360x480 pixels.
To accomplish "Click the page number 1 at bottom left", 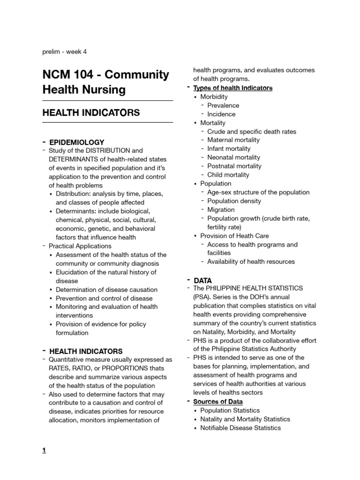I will pos(44,450).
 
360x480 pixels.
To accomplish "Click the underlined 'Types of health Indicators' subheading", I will pos(233,88).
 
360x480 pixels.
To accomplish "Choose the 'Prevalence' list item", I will pos(223,105).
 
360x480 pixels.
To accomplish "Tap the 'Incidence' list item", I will pos(221,114).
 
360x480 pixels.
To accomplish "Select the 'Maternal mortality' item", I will pos(233,140).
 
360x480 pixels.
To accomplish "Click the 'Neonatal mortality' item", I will pos(234,157).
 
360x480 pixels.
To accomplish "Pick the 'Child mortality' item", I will pos(228,175).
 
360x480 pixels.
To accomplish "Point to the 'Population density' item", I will pos(234,201).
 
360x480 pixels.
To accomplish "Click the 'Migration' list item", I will pos(221,210).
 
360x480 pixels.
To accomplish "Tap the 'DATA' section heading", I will pos(202,280).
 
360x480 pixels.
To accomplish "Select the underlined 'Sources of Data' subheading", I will pos(218,402).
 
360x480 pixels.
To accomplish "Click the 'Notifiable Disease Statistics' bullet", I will pos(240,427).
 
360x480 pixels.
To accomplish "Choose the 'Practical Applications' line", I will pos(80,246).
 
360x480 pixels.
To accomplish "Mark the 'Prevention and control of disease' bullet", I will pos(104,298).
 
